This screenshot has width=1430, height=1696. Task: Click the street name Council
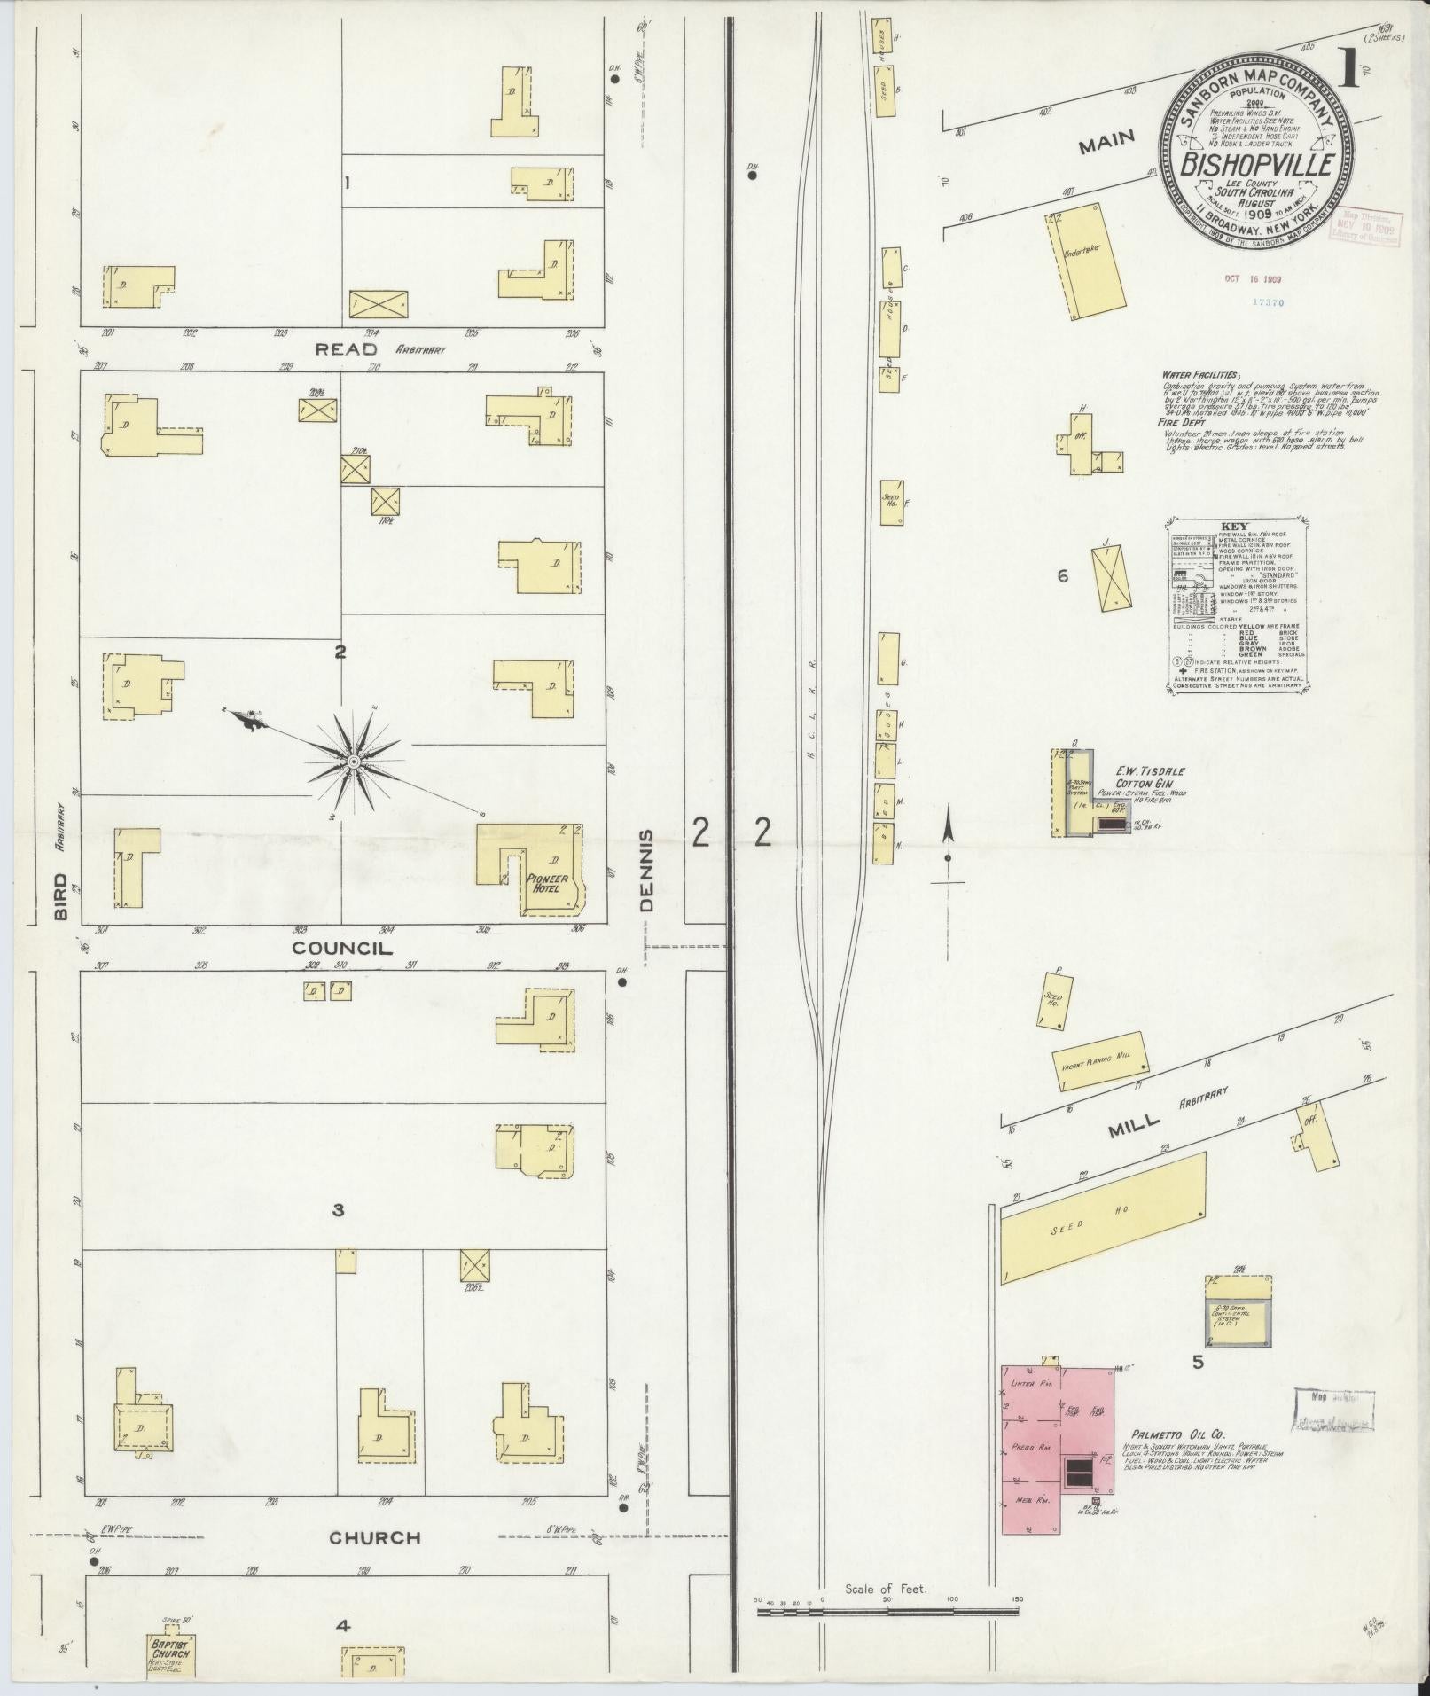click(342, 948)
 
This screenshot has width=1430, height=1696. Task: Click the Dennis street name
click(646, 871)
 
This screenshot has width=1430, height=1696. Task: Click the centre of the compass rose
click(353, 762)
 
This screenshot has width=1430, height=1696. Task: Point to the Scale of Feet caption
click(886, 1589)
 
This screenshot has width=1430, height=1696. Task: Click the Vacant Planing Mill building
click(1100, 1063)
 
